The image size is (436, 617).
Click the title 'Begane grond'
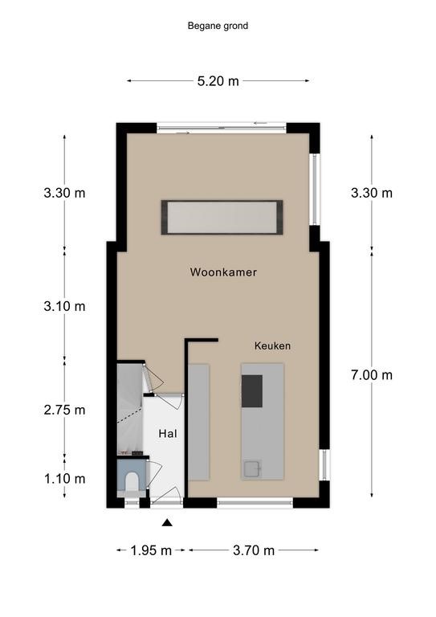click(218, 26)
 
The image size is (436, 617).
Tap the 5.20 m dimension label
click(218, 81)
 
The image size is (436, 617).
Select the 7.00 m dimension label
click(372, 375)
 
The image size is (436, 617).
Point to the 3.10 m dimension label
click(64, 306)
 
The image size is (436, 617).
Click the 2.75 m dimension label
click(64, 410)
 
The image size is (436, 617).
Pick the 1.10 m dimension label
click(64, 479)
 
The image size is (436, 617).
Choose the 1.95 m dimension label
click(151, 550)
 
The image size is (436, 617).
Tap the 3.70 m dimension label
click(254, 550)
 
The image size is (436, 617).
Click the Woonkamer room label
click(223, 272)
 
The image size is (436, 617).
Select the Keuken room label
click(272, 346)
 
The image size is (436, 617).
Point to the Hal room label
click(168, 434)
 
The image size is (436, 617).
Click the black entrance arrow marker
click(168, 522)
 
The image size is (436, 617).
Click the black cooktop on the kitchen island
click(251, 391)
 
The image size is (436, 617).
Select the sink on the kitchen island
click(253, 468)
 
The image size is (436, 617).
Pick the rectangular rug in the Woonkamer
click(222, 217)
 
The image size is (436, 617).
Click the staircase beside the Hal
click(129, 409)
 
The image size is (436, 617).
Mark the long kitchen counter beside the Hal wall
click(198, 422)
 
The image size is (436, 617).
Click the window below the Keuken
click(255, 502)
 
